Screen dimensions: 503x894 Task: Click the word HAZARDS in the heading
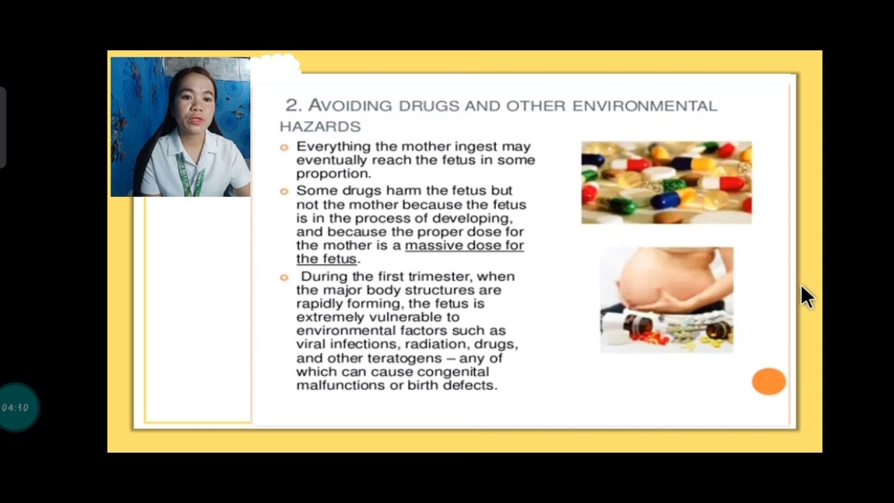(320, 126)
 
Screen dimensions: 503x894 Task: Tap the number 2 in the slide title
(292, 105)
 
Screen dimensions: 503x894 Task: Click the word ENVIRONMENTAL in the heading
(644, 106)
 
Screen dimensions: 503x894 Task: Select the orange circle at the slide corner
(768, 381)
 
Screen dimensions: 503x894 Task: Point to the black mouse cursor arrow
(806, 296)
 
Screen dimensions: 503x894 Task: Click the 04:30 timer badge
(15, 407)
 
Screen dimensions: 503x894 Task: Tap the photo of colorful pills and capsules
(666, 182)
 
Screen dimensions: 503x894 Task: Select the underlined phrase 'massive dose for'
(464, 245)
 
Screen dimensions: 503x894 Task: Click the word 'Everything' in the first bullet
(334, 147)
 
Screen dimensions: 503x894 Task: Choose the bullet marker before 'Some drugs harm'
(284, 191)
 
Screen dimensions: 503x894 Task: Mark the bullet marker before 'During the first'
(284, 277)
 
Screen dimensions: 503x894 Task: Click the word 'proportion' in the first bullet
(332, 174)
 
